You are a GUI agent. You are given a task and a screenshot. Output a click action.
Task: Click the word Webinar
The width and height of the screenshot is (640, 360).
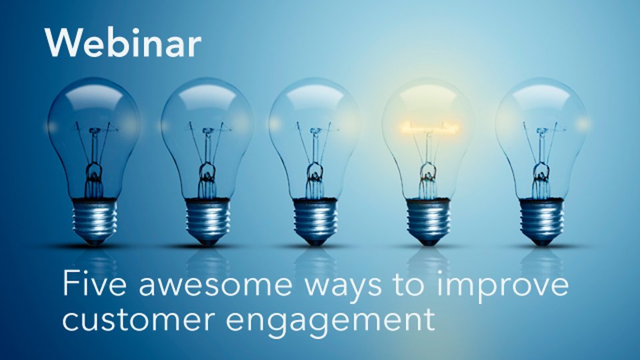click(x=123, y=43)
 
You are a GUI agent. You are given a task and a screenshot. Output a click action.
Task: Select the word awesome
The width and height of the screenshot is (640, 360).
click(x=215, y=286)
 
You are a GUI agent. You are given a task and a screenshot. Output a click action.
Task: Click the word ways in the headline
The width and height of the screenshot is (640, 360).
click(x=344, y=289)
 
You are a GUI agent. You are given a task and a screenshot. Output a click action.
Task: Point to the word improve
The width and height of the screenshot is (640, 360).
click(x=502, y=287)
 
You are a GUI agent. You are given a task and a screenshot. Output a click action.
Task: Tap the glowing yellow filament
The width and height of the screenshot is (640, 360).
click(x=429, y=128)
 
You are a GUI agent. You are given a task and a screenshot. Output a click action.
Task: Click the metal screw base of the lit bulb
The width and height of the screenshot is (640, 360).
click(x=428, y=221)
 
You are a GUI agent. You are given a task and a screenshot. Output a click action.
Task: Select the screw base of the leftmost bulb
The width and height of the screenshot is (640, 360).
click(x=94, y=221)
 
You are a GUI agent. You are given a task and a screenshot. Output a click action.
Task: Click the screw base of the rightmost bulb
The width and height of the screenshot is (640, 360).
click(x=541, y=221)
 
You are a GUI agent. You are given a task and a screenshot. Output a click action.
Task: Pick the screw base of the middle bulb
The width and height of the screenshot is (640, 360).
click(x=315, y=221)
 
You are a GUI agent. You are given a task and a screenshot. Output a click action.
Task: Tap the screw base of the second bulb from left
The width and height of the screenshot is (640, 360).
click(x=208, y=221)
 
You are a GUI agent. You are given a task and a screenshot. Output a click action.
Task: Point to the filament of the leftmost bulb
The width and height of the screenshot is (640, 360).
click(x=95, y=130)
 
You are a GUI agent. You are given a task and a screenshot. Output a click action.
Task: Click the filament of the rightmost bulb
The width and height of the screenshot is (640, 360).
click(x=542, y=130)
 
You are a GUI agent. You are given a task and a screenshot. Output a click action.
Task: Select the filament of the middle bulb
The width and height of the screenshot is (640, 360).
click(x=315, y=130)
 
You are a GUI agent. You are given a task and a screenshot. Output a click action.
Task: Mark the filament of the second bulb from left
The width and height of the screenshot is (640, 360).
click(x=208, y=130)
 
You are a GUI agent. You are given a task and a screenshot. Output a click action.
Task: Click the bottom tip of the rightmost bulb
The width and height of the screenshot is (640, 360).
click(x=541, y=244)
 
